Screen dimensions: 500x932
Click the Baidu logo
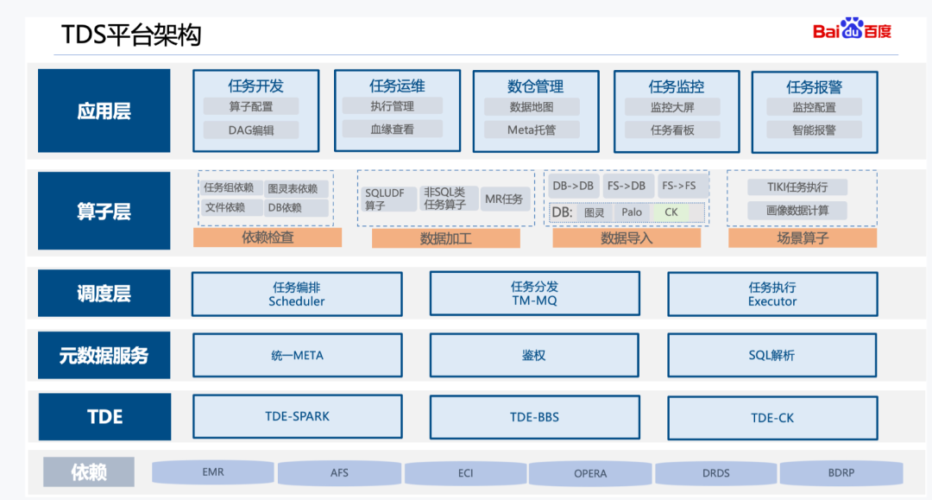pos(852,30)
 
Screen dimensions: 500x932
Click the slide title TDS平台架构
pos(131,35)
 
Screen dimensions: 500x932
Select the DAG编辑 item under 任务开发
pos(251,130)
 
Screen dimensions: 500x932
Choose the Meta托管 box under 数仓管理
pos(532,130)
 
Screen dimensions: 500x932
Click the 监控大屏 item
pos(672,108)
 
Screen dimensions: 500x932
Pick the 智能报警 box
pos(814,130)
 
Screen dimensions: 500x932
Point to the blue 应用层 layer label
pos(104,111)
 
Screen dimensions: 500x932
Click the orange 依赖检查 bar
pos(268,237)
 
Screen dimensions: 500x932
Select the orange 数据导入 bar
pos(627,238)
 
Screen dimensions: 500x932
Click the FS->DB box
pos(627,186)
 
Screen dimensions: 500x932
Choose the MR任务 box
pos(503,199)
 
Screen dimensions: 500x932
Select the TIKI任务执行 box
pos(797,187)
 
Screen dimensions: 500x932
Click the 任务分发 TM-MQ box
pos(534,294)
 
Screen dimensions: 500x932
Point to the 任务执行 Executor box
pos(772,294)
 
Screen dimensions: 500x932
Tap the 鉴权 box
pos(534,356)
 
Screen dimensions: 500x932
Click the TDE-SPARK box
pos(297,416)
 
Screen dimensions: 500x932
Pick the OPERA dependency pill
pos(590,473)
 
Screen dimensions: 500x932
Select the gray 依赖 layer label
pos(90,472)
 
